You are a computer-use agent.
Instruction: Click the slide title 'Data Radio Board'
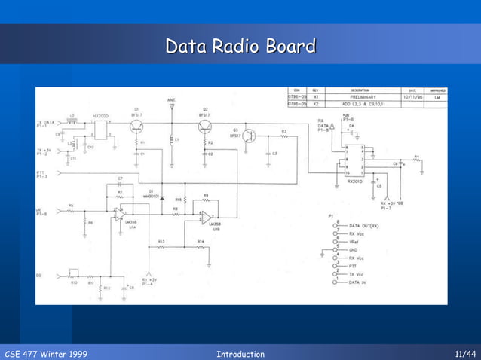240,47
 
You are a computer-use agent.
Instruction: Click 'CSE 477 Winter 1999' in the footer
46,354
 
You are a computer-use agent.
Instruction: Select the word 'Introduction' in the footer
240,354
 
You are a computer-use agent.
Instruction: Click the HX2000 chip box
100,129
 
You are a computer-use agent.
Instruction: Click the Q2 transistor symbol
204,126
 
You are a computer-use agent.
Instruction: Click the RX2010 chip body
354,159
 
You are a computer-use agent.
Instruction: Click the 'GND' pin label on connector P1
353,249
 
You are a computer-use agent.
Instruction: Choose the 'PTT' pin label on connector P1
353,266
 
